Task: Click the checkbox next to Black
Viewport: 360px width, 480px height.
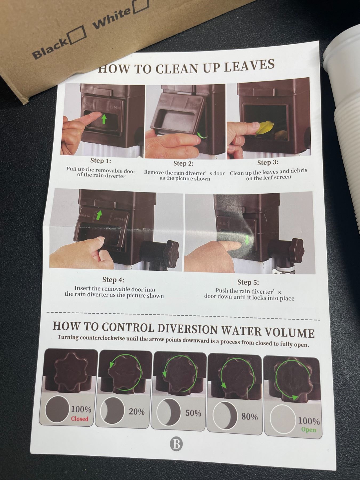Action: (x=77, y=35)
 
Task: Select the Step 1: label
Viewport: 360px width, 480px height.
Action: (x=101, y=161)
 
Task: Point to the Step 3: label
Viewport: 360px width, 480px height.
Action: (x=267, y=162)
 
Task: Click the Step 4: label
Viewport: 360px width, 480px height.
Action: (x=113, y=279)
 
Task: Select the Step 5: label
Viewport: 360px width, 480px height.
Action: (x=248, y=282)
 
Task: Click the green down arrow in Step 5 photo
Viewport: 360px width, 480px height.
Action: (x=247, y=239)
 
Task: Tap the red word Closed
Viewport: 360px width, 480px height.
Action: (x=79, y=419)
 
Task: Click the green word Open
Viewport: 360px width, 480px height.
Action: (x=309, y=430)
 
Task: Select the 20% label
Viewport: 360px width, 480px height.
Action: (x=137, y=411)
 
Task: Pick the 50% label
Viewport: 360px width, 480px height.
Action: (x=193, y=413)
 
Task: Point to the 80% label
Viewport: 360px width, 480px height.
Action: (x=250, y=417)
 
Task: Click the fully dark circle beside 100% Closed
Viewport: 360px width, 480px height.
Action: (x=57, y=409)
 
